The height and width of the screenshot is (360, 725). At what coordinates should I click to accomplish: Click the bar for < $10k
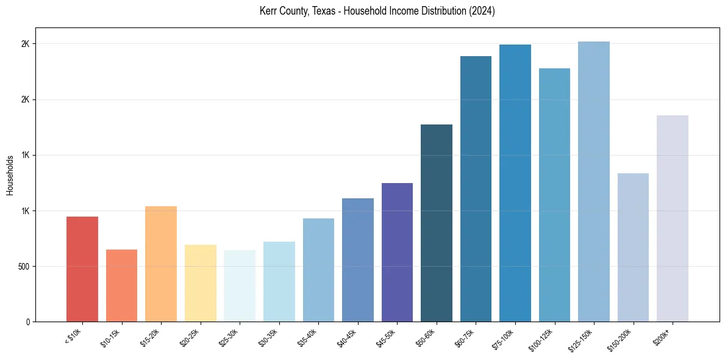coord(82,269)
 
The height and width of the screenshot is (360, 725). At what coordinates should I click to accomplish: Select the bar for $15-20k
coord(161,264)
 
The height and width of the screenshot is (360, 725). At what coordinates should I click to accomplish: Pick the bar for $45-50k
coord(397,252)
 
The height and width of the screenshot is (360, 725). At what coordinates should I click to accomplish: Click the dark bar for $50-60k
coord(437,223)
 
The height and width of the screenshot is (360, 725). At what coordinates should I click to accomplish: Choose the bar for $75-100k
coord(515,183)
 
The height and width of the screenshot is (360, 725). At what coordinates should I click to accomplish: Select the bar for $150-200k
coord(633,247)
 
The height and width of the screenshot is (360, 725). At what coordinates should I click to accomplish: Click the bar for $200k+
coord(673,218)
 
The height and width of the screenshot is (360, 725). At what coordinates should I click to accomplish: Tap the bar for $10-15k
coord(121,286)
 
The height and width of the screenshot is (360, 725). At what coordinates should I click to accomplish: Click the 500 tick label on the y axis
coord(24,267)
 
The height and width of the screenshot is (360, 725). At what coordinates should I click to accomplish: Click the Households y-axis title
coord(10,175)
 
